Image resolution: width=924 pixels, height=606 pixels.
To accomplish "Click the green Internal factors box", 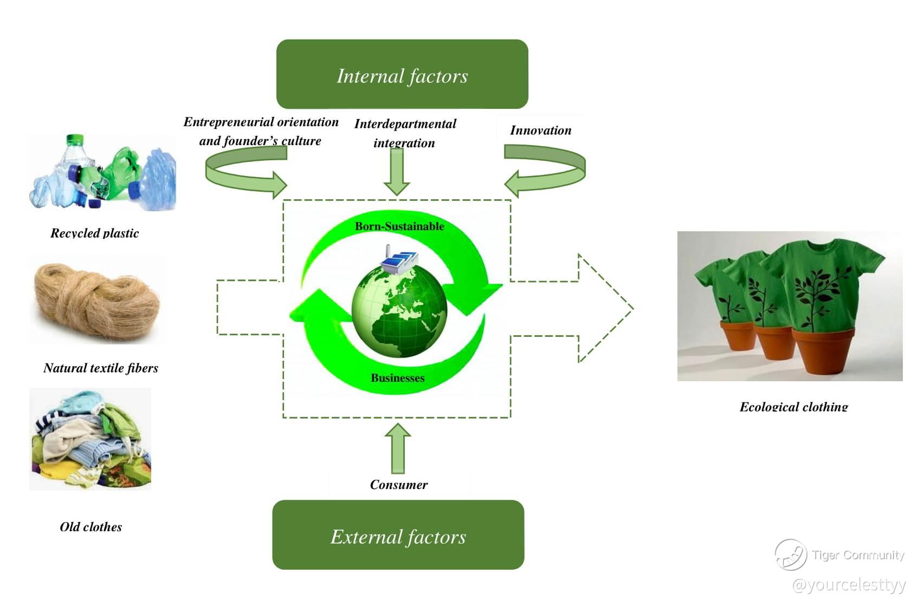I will point(402,74).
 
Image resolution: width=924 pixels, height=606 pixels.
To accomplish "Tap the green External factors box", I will point(398,535).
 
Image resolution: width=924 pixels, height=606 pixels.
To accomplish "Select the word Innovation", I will point(540,131).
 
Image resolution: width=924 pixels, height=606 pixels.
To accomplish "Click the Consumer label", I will point(399,485).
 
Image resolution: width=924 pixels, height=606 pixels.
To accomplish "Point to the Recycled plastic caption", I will point(95,233).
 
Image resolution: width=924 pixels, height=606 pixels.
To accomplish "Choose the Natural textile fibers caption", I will point(101,368).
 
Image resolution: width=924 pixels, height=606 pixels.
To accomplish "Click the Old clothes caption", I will point(91,527).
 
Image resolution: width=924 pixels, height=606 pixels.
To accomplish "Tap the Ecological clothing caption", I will point(793,407).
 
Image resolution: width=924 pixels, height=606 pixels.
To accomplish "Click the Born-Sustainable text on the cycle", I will point(399,226).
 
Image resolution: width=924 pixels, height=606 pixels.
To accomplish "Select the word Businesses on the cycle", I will point(398,378).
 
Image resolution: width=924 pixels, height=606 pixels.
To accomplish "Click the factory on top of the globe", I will point(399,260).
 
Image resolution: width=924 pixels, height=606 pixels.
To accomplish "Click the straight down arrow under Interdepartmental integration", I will point(397,171).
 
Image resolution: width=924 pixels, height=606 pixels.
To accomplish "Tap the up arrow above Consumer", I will point(398,448).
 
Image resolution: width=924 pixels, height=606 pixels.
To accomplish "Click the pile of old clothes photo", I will point(91,439).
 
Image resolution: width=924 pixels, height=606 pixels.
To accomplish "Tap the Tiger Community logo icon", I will point(791,555).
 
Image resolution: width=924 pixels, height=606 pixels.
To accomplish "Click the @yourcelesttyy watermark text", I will point(849,585).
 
